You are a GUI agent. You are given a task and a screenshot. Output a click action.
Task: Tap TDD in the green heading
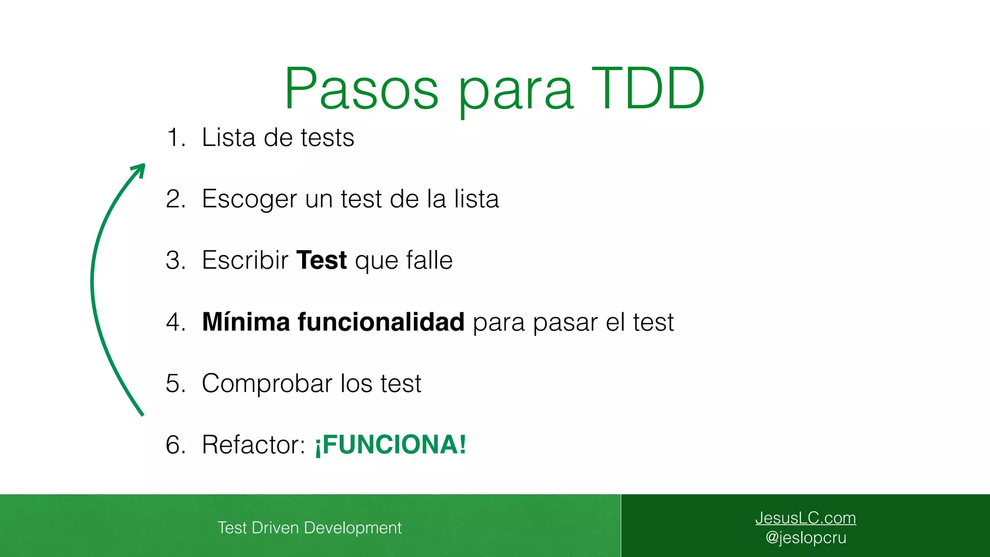tap(648, 89)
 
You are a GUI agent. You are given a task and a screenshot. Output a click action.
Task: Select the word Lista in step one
tap(229, 138)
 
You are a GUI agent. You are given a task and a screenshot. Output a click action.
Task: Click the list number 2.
tap(175, 199)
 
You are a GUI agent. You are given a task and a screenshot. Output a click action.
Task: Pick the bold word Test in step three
tap(321, 261)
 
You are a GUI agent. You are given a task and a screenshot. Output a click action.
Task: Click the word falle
tap(429, 261)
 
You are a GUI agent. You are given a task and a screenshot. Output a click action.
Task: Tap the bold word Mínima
tap(246, 322)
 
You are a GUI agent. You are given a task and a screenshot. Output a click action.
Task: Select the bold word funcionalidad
tap(381, 322)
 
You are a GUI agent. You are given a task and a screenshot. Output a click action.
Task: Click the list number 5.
tap(175, 383)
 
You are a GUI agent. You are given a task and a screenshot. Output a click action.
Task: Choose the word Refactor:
tap(253, 445)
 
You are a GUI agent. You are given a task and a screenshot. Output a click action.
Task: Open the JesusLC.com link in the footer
tap(805, 518)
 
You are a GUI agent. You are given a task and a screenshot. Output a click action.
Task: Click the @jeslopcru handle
tap(805, 538)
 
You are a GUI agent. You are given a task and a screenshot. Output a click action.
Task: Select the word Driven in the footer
tap(275, 528)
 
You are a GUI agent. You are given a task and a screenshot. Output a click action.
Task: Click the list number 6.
tap(175, 445)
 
